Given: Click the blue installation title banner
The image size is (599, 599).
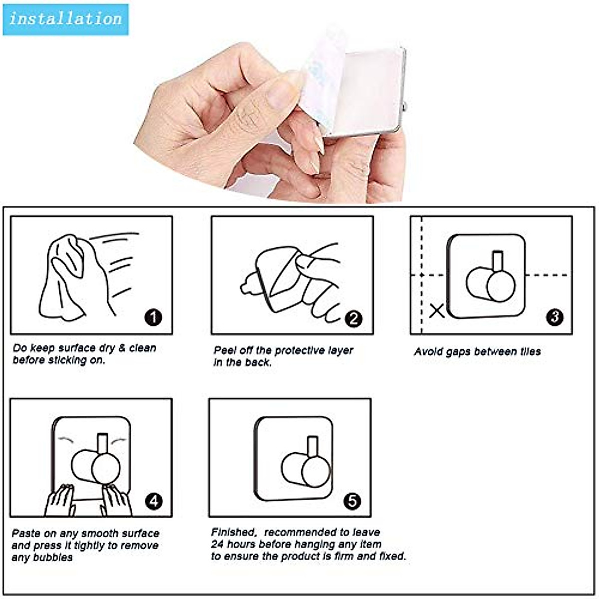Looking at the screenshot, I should point(65,19).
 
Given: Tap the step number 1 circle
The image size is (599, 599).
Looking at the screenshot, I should point(153,317).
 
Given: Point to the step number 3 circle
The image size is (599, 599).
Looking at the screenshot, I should point(555,317).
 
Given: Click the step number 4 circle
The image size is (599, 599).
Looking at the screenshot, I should point(153,501).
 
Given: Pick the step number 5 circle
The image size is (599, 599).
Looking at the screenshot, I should point(352,501).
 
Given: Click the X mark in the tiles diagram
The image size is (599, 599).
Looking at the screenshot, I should point(437,310).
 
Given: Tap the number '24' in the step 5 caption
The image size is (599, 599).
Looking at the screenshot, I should point(217,544).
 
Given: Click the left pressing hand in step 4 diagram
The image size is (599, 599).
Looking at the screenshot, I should point(60,500).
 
